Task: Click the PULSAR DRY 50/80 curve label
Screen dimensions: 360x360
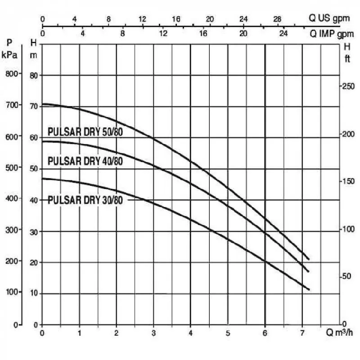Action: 85,132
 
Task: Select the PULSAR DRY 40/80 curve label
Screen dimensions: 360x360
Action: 85,161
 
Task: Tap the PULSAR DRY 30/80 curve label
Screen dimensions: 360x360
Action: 85,200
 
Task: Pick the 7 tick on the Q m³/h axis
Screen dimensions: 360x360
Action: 302,333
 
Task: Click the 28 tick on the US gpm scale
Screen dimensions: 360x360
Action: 277,19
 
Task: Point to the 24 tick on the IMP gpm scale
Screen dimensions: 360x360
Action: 283,34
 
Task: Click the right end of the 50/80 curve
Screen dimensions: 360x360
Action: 309,259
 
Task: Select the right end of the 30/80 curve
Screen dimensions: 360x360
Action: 309,289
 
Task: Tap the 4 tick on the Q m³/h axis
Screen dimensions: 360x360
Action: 190,333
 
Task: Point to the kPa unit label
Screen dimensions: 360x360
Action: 10,55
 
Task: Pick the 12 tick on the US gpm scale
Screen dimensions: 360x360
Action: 143,19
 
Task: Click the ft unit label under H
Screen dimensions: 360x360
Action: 347,59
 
